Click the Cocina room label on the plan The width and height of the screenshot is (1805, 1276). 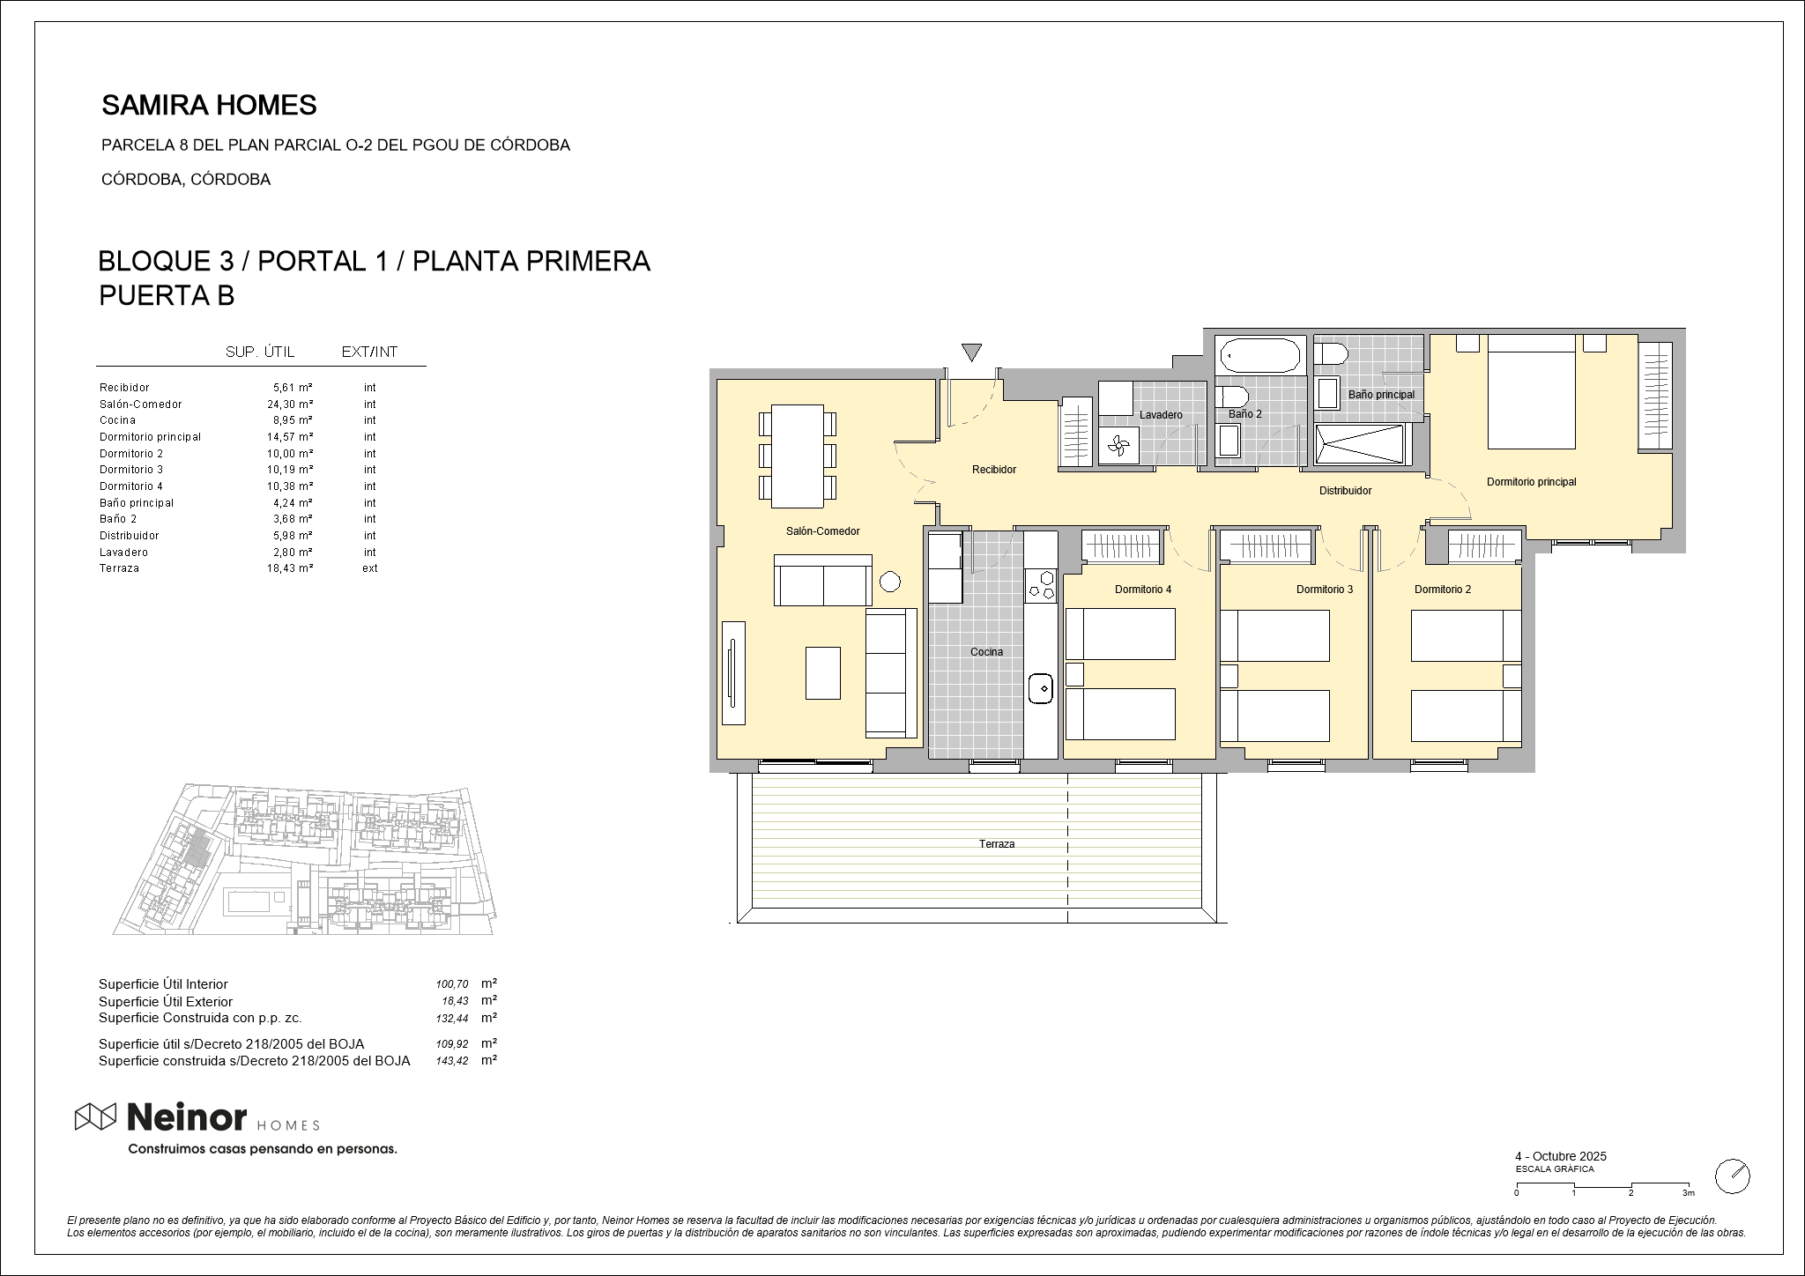(x=986, y=652)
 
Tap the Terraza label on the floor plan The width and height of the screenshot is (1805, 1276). (x=997, y=844)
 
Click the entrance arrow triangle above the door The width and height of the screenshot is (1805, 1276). (x=971, y=352)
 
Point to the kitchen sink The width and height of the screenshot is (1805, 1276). (x=1041, y=687)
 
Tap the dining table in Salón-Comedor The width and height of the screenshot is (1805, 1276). (x=798, y=456)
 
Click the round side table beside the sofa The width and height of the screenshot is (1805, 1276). (x=889, y=582)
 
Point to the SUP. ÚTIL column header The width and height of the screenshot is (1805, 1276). (x=260, y=352)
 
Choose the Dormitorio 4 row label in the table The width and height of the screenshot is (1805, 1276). (x=131, y=486)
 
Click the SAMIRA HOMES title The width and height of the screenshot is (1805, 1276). (x=210, y=106)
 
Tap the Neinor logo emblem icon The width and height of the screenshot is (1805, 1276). (x=95, y=1116)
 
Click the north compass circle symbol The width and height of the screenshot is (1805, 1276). (x=1733, y=1176)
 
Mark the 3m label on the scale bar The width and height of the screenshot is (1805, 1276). (x=1689, y=1193)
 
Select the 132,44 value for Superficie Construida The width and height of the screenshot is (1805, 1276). (x=452, y=1019)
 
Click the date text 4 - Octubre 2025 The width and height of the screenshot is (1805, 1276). (x=1561, y=1156)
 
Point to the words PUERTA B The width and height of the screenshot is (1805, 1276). (x=167, y=296)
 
